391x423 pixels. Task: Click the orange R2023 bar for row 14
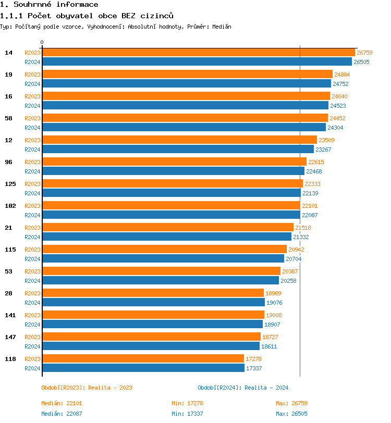198,53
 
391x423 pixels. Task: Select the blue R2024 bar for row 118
143,368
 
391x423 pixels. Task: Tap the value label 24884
342,74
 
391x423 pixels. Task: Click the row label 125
10,184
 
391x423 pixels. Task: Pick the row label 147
10,337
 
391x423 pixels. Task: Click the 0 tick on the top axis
42,43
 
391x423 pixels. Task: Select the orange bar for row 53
161,271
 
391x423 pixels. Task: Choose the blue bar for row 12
178,150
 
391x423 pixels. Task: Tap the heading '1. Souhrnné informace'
49,5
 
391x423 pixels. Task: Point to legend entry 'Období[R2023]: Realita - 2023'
87,388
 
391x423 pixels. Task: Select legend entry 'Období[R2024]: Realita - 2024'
243,388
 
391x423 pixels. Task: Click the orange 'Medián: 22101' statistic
62,403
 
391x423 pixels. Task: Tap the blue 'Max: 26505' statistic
291,414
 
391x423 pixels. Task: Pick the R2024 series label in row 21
32,237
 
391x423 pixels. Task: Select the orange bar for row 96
174,162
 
